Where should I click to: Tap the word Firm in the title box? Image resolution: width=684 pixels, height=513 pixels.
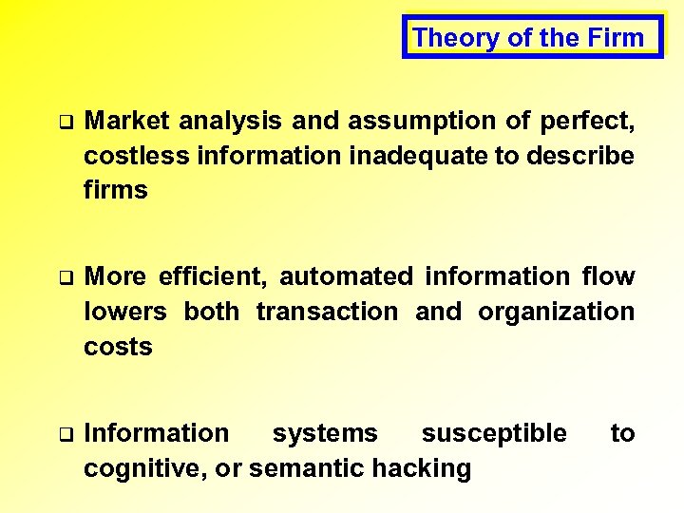coord(619,38)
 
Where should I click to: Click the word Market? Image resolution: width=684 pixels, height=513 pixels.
coord(126,121)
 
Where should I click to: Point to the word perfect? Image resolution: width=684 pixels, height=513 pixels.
coord(586,121)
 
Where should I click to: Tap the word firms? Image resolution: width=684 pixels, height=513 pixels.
coord(116,190)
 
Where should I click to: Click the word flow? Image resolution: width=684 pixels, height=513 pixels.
coord(608,276)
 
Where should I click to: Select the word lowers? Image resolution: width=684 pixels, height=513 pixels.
coord(125,312)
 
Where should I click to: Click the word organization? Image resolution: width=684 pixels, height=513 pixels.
coord(556,312)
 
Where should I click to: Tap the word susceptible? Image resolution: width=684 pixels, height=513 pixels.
coord(494,433)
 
